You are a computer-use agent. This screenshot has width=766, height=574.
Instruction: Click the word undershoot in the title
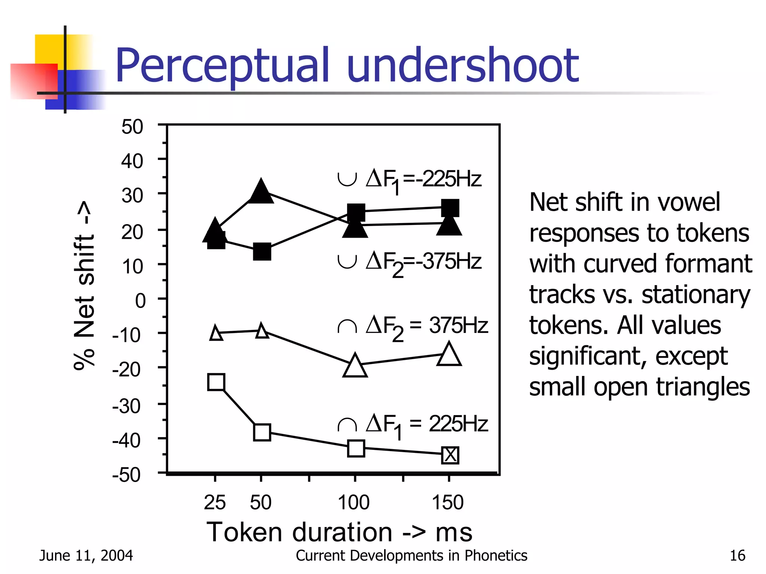tap(463, 66)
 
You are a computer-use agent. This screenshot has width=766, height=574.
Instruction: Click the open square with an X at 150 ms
tap(450, 455)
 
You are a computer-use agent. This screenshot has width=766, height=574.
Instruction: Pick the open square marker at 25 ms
tap(216, 382)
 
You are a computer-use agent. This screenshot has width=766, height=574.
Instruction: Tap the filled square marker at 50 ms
tap(262, 251)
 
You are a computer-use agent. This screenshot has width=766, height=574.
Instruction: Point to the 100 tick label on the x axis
tap(353, 502)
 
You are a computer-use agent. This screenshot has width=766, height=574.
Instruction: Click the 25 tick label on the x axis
tap(215, 502)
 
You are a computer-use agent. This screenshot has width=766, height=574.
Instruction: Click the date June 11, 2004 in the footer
tap(86, 556)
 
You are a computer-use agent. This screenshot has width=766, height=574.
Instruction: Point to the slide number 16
tap(738, 556)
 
